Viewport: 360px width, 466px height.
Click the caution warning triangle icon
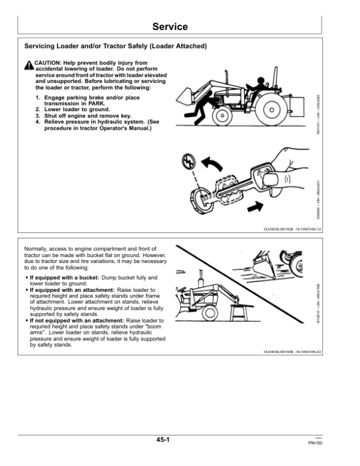(x=28, y=65)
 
